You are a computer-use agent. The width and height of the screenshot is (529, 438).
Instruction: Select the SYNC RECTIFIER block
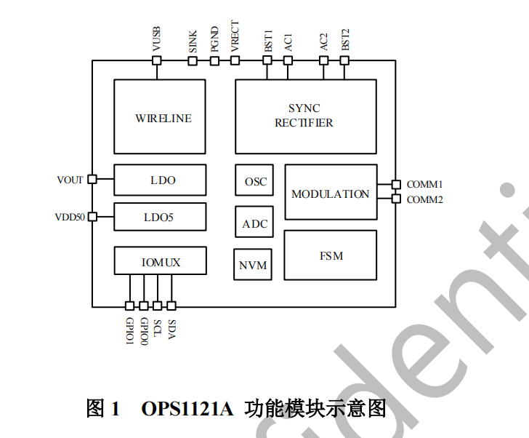305,116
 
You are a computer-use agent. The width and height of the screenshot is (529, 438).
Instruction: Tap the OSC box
254,180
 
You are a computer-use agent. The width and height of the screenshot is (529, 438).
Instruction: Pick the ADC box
254,223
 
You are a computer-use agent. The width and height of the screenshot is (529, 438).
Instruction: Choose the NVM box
253,265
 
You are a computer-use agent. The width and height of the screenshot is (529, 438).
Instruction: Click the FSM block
330,255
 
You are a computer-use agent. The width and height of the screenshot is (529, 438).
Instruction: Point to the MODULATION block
331,193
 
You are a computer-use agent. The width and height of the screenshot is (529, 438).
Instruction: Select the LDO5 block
160,217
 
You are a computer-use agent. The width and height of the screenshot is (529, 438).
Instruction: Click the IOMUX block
160,260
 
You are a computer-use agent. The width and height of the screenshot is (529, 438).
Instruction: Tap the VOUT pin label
70,180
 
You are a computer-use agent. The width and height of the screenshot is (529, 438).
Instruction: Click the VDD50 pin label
70,217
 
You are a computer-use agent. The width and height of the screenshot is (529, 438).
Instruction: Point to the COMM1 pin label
425,185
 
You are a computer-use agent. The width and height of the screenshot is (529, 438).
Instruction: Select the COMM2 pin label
425,199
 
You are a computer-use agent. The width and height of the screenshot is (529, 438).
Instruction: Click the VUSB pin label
156,38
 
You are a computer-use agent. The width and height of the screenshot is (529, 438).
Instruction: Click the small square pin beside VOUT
92,179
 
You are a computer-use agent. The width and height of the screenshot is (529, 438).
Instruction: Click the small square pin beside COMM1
396,185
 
